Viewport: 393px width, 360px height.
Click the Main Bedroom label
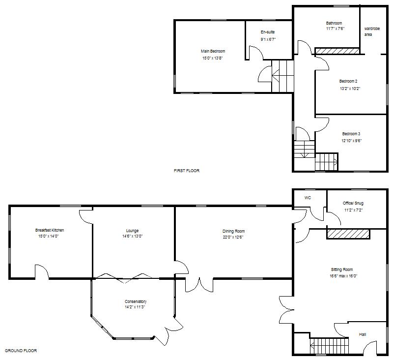click(x=213, y=51)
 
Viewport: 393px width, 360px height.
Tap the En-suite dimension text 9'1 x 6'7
click(x=268, y=39)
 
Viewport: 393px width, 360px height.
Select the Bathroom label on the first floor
click(x=334, y=23)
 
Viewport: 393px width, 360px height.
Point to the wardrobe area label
click(x=372, y=32)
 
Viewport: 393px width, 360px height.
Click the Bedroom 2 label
click(x=348, y=81)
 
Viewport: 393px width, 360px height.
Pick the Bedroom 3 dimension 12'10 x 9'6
click(x=351, y=140)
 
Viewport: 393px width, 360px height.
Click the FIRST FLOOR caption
click(x=187, y=171)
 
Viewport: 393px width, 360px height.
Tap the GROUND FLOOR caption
click(x=21, y=351)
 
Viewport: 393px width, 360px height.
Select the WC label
click(x=308, y=198)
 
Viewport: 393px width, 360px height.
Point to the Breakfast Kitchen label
click(x=50, y=230)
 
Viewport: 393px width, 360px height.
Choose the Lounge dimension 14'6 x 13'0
click(x=132, y=237)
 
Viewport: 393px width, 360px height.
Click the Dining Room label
click(x=233, y=231)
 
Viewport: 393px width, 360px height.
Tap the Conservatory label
click(x=136, y=301)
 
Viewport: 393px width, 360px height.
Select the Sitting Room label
click(x=342, y=270)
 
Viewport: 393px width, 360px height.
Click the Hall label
click(x=363, y=334)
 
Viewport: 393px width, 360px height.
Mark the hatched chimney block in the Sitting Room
click(x=349, y=234)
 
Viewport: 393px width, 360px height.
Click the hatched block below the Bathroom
click(x=337, y=51)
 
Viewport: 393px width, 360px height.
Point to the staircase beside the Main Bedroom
click(x=282, y=76)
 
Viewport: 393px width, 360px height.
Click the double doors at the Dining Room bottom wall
click(x=199, y=285)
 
